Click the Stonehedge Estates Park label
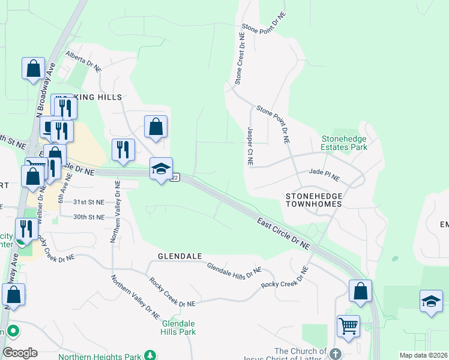(343, 142)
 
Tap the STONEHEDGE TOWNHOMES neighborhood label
(314, 200)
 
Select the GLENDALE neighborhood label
(179, 256)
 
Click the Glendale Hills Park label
(179, 327)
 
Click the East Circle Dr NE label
(284, 233)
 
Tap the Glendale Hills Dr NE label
(234, 270)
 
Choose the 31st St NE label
(89, 202)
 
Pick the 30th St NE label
(89, 216)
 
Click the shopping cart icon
(348, 327)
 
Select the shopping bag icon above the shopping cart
(360, 291)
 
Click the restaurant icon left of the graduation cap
(123, 150)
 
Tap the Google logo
(20, 353)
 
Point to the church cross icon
(335, 353)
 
